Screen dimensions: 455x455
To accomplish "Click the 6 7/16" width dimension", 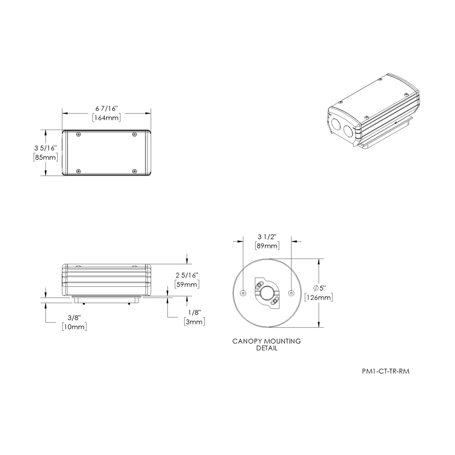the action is (106, 109).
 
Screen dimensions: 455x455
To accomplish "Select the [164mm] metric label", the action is (106, 118).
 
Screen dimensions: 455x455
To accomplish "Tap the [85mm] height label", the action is (45, 157).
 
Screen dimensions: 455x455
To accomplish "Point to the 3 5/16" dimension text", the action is (45, 148).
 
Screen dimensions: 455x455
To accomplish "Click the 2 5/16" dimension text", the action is (187, 275).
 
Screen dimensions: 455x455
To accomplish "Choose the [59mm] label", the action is (187, 284).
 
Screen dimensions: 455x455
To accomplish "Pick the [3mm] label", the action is (194, 322).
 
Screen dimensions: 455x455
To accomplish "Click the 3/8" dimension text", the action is (74, 318).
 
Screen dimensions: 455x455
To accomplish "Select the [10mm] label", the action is (74, 327).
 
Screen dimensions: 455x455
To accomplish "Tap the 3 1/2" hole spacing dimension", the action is (267, 237).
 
